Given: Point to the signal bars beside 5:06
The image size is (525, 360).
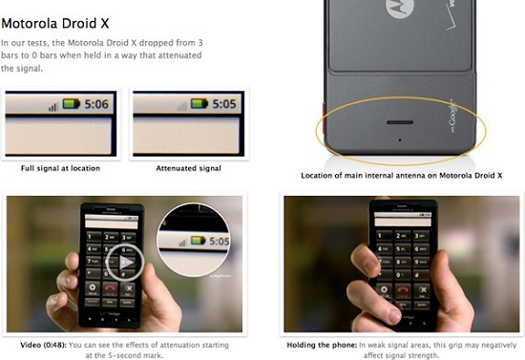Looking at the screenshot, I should [x=53, y=105].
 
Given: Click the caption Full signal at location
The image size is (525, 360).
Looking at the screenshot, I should [x=60, y=168].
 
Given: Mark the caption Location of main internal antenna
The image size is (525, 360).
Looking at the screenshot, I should [x=402, y=176].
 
